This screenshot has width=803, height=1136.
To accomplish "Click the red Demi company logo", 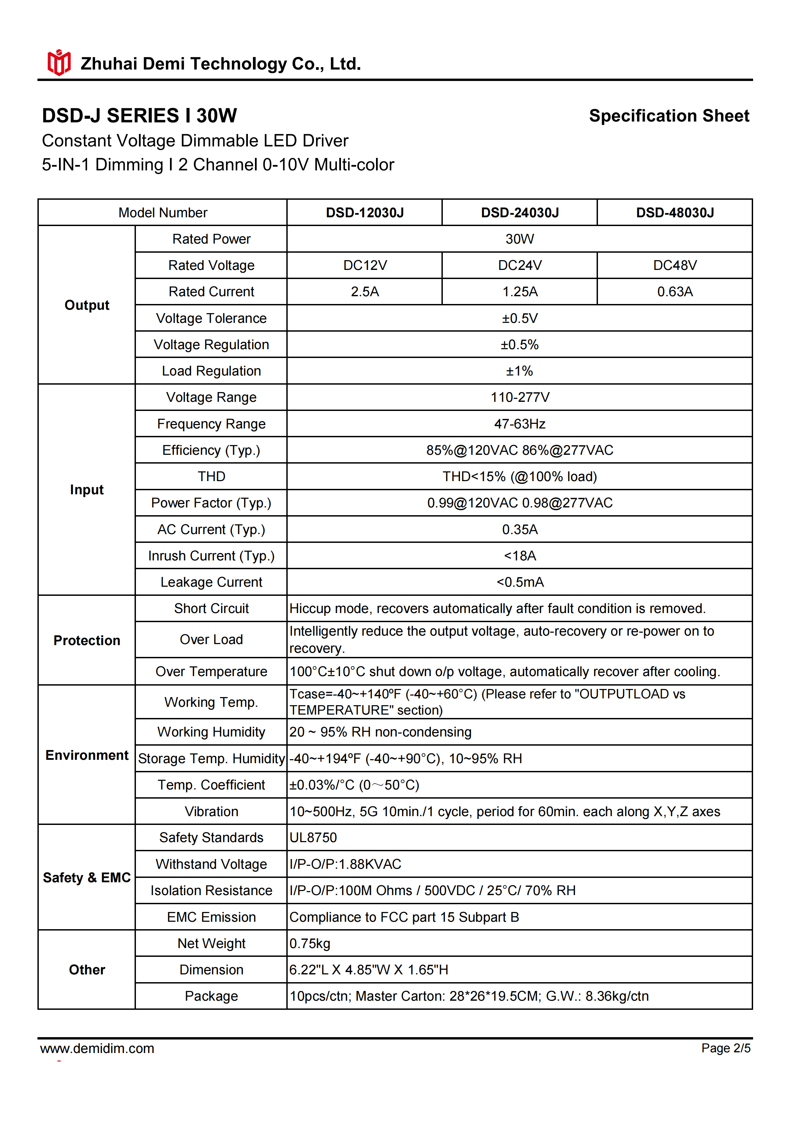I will coord(59,62).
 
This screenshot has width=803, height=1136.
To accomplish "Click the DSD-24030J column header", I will coord(520,213).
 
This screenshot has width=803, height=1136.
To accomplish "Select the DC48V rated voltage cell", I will coord(675,266).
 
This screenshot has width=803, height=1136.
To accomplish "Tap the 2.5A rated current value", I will coord(365,292).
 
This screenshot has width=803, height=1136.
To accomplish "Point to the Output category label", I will coord(87,305).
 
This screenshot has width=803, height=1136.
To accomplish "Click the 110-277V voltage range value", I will coord(520,397).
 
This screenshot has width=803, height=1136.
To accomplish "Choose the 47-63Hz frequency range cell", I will coord(520,424).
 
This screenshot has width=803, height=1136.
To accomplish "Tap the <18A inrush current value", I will coord(520,556).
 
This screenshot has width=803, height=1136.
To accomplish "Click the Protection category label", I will coord(87,641).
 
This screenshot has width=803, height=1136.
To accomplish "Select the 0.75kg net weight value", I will coord(310,944).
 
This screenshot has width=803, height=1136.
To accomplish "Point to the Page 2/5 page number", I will coord(725,1048).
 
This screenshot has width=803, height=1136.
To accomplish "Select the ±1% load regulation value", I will coord(520,371).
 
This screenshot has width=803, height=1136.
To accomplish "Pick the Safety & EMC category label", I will coord(87,878).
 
